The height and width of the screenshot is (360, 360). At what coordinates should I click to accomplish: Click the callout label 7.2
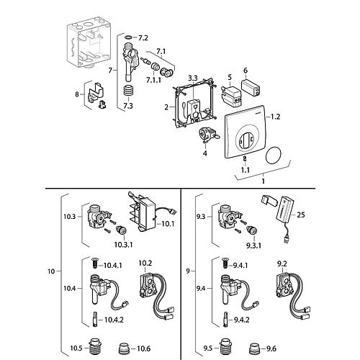(x=143, y=38)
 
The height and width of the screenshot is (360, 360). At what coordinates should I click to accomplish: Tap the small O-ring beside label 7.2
(x=129, y=37)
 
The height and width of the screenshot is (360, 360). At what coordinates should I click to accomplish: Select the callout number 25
(x=301, y=215)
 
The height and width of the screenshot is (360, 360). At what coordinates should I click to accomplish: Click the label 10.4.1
(x=113, y=266)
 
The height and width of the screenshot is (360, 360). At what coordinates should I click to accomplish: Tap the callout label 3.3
(x=192, y=78)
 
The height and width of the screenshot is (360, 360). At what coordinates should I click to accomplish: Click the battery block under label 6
(x=251, y=87)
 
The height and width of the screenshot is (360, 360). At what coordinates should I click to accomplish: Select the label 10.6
(x=143, y=348)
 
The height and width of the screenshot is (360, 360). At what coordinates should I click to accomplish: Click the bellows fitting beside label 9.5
(x=225, y=348)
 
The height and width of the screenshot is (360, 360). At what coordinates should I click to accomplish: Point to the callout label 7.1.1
(x=154, y=80)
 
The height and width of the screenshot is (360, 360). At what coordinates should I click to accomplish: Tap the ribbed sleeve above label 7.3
(x=129, y=93)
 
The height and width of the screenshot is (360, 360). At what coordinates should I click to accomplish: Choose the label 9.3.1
(x=253, y=246)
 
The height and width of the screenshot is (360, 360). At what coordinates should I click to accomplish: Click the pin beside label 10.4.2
(x=95, y=319)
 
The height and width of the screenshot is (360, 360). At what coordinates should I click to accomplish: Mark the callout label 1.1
(x=246, y=170)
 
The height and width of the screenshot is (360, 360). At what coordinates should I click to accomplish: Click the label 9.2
(x=282, y=264)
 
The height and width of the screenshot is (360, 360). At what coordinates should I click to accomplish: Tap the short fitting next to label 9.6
(x=254, y=349)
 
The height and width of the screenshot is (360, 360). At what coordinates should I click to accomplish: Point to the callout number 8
(x=77, y=94)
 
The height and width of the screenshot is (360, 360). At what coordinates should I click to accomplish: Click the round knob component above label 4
(x=207, y=135)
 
